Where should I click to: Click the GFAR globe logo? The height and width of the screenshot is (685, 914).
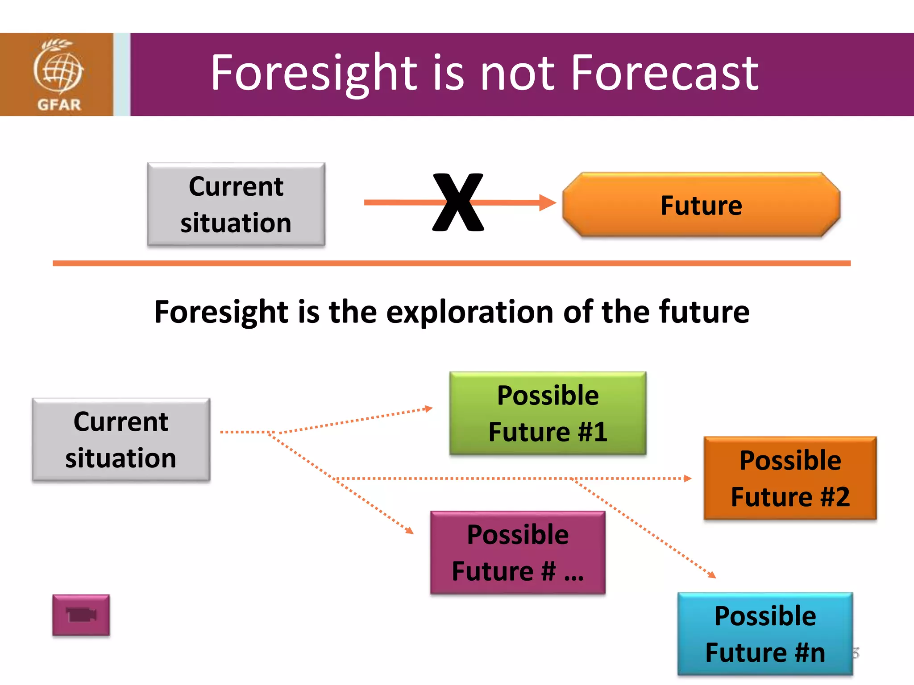58,67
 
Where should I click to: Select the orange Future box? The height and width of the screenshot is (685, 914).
701,205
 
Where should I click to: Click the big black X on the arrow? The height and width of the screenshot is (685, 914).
458,202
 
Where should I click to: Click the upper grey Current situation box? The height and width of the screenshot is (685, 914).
236,204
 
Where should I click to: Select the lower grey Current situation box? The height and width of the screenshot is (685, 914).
121,440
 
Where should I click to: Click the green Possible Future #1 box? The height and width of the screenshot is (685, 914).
548,413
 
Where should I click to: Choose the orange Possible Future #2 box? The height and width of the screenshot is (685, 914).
790,478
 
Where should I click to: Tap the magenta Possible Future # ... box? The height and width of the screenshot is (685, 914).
518,553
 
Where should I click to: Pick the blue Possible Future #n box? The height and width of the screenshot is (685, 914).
765,634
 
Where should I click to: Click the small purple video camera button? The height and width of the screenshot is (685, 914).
81,615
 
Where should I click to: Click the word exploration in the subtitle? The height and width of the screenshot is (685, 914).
470,312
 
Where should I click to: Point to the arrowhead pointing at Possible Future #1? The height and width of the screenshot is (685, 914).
428,409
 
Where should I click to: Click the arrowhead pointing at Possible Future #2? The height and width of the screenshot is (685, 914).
688,479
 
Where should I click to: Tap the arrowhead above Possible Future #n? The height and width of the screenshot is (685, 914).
712,575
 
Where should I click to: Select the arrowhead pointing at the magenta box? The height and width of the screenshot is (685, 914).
409,530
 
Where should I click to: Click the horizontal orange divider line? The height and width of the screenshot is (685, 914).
452,264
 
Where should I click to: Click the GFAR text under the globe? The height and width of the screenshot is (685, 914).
59,105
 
